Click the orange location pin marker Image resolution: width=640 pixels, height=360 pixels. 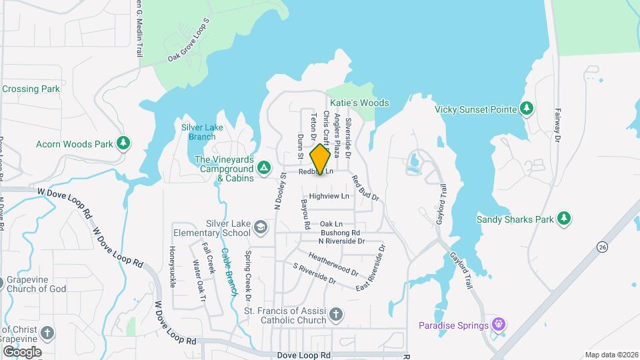coord(321,159)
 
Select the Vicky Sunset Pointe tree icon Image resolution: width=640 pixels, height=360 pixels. coord(527,108)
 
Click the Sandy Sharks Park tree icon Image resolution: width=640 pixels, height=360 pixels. coord(564,219)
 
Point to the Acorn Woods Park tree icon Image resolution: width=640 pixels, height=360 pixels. coord(123,143)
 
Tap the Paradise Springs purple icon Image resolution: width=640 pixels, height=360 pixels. coord(498,325)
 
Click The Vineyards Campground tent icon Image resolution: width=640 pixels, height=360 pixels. coord(264,167)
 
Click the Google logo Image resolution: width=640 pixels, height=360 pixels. coord(22,352)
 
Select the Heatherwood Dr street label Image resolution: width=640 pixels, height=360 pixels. coord(333,265)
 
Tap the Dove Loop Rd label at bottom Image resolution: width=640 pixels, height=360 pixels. coord(304,355)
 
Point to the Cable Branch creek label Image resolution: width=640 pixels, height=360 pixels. coord(229,271)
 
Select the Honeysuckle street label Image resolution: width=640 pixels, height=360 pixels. coord(172,267)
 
